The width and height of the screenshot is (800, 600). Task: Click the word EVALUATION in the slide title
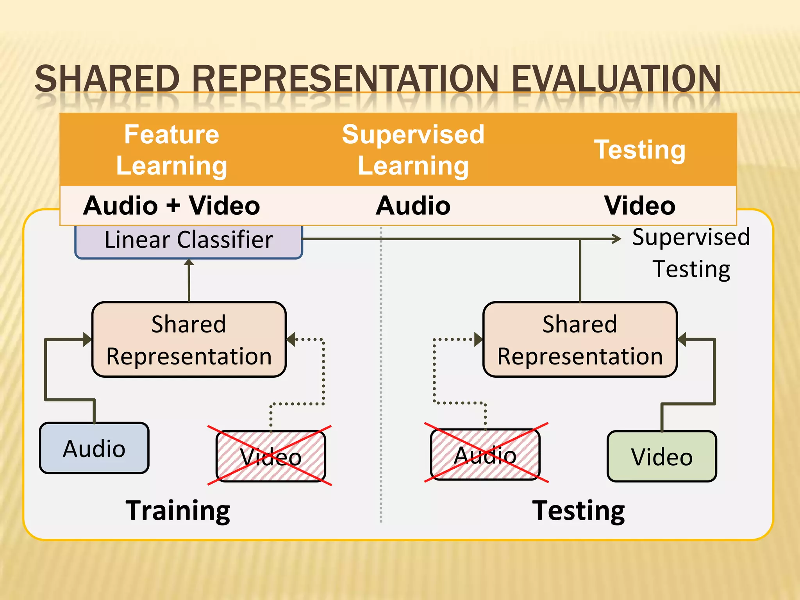tap(616, 79)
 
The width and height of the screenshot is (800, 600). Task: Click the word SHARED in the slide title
tap(107, 79)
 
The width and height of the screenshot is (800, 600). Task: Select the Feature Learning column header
tap(171, 150)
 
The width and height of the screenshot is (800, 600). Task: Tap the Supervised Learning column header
tap(413, 150)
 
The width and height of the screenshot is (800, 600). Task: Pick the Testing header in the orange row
tap(639, 150)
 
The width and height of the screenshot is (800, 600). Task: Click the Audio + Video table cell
tap(171, 205)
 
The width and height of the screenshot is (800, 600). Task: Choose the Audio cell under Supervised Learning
tap(413, 205)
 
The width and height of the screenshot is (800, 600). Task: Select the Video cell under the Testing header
tap(639, 205)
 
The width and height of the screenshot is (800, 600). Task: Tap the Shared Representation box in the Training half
tap(189, 339)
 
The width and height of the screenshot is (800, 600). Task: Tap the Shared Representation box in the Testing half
tap(580, 339)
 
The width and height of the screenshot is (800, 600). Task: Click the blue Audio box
tap(94, 448)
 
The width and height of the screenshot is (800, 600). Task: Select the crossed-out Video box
tap(271, 456)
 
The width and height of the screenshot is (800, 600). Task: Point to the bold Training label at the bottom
tap(178, 511)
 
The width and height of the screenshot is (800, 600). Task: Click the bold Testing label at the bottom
tap(579, 511)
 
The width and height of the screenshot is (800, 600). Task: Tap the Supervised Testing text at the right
tap(691, 253)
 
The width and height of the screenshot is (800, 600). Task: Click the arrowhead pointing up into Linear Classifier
tap(189, 262)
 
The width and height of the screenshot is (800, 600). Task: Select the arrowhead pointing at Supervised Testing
tap(616, 239)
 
